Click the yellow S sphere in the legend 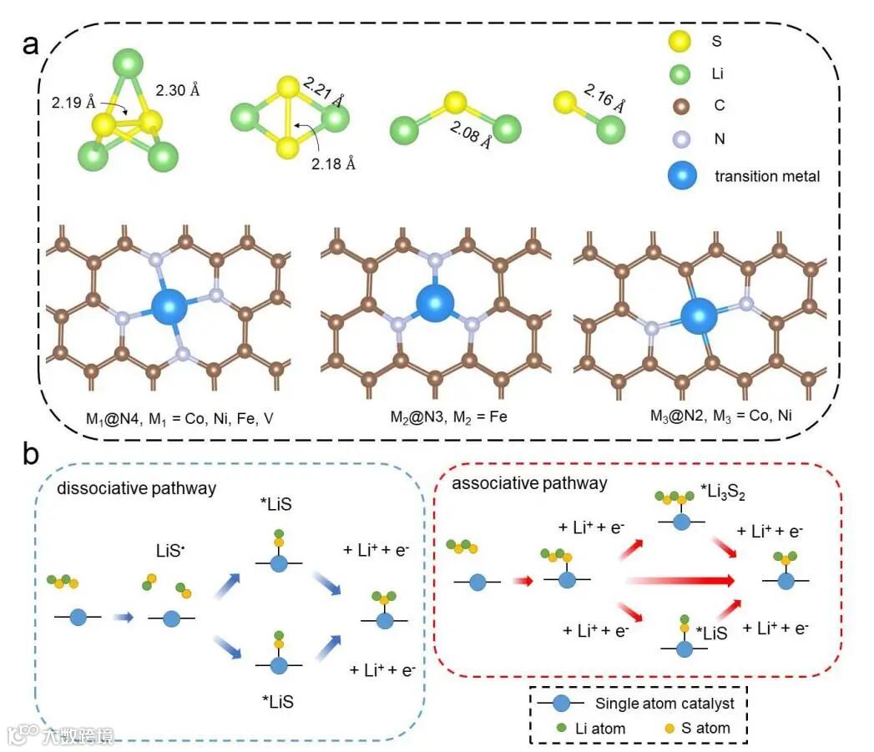(679, 42)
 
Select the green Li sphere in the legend (679, 75)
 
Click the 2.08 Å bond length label (470, 134)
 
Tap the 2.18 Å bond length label (334, 164)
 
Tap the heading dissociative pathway (136, 488)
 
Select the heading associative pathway (529, 483)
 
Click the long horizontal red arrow (680, 578)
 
